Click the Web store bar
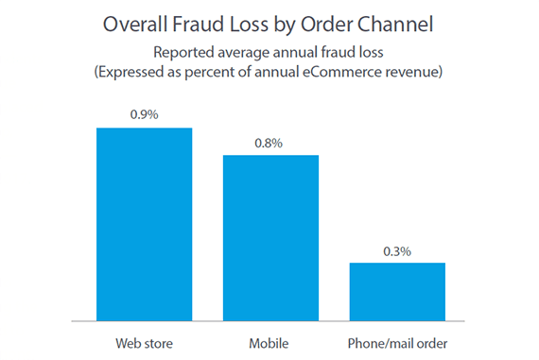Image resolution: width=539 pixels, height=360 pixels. coord(145,224)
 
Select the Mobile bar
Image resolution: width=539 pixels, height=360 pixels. coord(270,237)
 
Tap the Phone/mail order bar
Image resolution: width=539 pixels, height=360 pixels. coord(397,291)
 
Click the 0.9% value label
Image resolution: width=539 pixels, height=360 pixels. coord(145,115)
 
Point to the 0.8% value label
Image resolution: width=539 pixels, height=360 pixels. coord(270,143)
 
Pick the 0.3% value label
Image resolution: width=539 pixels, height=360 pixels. coord(397,250)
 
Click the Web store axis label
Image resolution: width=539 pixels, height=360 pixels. coord(145,340)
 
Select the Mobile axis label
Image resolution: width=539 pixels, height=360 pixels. coord(270,340)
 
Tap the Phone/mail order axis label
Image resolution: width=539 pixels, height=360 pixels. coord(397,340)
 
